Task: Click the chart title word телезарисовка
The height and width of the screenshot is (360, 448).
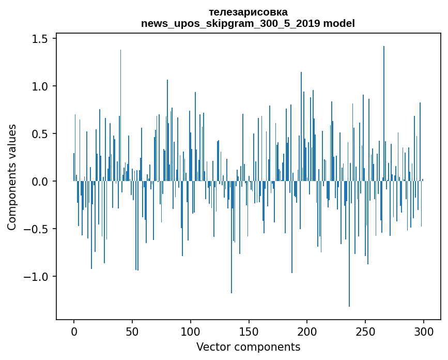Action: [x=248, y=12]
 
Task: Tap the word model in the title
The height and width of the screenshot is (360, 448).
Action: [x=340, y=23]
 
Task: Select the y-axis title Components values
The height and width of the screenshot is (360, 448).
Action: [x=12, y=177]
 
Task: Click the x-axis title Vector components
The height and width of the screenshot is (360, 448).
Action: [x=248, y=347]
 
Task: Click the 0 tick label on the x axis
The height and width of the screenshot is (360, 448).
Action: [x=74, y=331]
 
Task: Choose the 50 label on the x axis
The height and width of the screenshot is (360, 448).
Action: [x=132, y=331]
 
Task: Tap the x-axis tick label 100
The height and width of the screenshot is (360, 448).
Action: [x=191, y=331]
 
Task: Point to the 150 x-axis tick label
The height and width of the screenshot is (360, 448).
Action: [x=249, y=331]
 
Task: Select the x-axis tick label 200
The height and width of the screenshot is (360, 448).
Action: [x=307, y=331]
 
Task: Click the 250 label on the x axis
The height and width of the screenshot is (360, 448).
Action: [x=365, y=331]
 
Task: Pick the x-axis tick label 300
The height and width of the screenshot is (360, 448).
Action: [x=424, y=331]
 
